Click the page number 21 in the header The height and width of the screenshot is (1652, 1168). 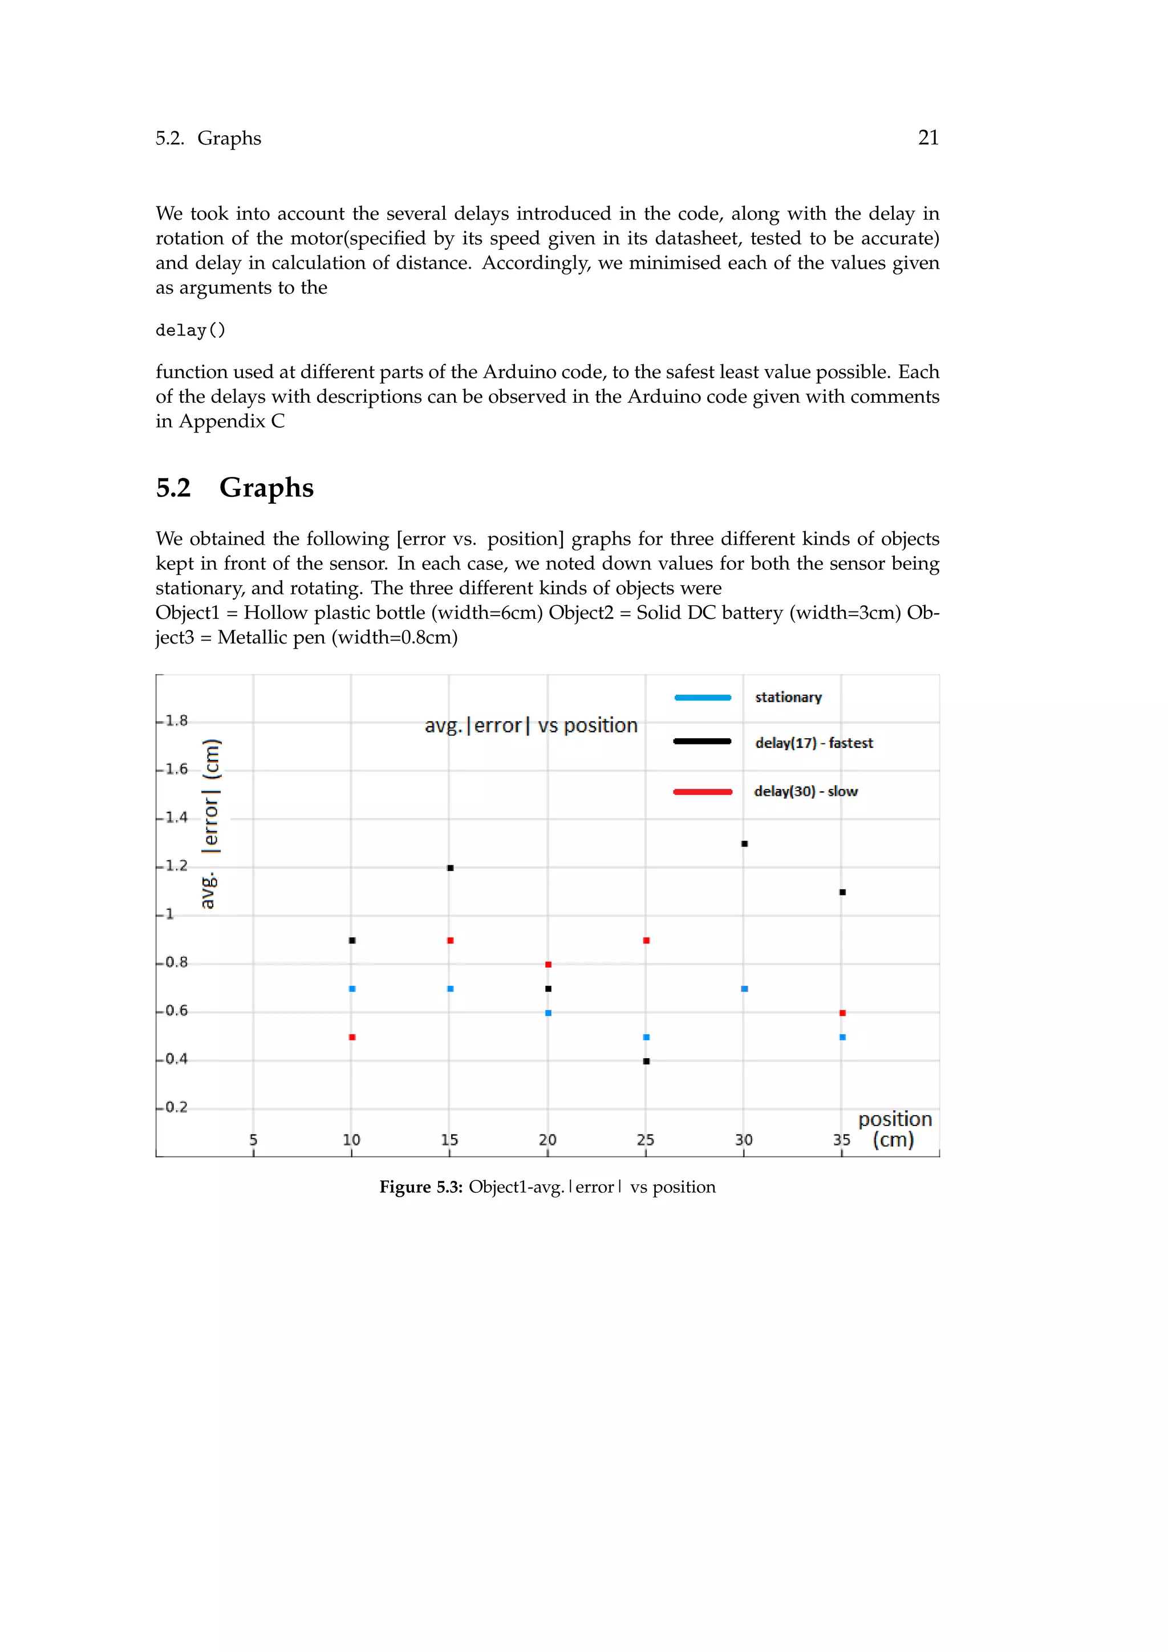coord(928,137)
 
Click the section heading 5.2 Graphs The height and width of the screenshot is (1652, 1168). coord(234,488)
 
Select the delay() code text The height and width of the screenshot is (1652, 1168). coord(190,330)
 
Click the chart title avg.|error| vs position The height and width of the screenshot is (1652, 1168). coord(531,725)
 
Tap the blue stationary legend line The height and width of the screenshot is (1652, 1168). coord(703,697)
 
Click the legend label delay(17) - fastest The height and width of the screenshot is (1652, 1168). coord(813,743)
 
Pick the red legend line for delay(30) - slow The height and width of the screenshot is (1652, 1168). coord(703,791)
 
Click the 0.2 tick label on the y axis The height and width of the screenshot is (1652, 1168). coord(176,1107)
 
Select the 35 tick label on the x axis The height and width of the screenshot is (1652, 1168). coord(841,1140)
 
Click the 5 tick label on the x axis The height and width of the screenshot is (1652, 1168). coord(253,1140)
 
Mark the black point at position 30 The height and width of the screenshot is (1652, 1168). coord(744,843)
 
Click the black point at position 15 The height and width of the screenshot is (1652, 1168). coord(450,868)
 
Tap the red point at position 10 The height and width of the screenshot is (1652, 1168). coord(352,1037)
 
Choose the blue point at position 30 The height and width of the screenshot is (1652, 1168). coord(744,989)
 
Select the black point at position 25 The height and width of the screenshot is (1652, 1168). coord(646,1061)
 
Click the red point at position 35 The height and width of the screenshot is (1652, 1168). coord(842,1013)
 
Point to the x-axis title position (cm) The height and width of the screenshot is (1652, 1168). coord(894,1129)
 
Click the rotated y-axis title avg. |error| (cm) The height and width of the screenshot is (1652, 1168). coord(209,824)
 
